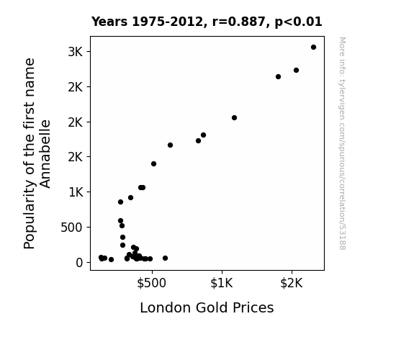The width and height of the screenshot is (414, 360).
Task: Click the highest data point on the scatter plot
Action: (313, 48)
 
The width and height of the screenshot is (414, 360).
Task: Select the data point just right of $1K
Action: (234, 118)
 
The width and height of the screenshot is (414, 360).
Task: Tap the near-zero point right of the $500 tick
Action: (166, 258)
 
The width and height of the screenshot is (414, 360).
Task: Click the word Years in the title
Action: (109, 22)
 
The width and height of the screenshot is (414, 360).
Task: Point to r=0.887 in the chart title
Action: (239, 22)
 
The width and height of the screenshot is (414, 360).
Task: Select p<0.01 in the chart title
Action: (298, 22)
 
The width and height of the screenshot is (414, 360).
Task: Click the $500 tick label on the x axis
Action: (151, 283)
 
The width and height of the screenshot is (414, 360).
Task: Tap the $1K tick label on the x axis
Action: (222, 283)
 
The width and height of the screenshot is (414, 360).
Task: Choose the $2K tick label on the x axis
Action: (291, 283)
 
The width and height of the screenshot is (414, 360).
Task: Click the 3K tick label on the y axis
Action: (76, 52)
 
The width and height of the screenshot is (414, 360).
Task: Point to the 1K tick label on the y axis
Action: (76, 192)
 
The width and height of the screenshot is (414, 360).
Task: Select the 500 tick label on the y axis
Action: (71, 228)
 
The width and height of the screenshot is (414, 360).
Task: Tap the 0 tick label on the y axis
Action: (79, 263)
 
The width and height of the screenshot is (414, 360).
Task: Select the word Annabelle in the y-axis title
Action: (45, 154)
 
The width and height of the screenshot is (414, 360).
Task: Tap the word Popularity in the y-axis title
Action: (29, 214)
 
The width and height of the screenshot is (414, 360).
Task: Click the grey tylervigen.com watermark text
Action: (342, 143)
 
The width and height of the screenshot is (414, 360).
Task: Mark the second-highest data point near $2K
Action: (296, 71)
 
